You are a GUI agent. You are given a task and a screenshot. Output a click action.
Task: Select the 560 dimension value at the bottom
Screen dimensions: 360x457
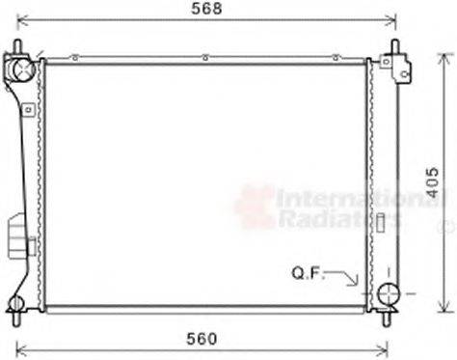tap(201, 338)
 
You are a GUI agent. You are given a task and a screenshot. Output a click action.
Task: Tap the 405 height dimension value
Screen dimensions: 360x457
tap(438, 180)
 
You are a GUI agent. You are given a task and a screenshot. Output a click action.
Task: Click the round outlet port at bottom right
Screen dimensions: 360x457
tap(389, 295)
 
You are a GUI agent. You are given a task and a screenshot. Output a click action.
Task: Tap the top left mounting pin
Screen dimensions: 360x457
tap(17, 47)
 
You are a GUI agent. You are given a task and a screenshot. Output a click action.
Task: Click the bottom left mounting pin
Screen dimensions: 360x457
tap(17, 313)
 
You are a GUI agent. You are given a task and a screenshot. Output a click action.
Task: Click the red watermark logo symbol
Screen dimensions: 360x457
tap(255, 208)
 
